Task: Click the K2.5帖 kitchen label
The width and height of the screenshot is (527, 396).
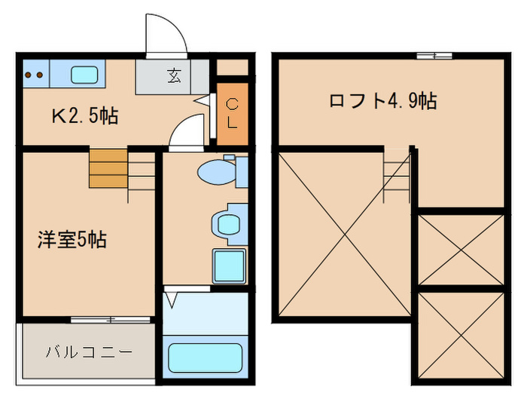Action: coord(85,116)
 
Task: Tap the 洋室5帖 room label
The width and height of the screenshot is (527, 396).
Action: coord(72,241)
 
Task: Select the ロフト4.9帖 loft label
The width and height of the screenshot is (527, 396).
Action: coord(382,101)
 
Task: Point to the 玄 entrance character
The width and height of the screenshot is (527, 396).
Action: coord(174,75)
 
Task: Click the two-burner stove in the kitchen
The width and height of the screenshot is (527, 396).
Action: coord(33,75)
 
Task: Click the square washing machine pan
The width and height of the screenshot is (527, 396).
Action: coord(229,266)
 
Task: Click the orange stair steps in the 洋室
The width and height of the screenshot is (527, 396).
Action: coord(108,168)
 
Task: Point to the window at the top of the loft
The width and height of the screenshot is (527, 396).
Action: coord(434,55)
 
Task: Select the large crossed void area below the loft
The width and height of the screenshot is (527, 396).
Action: coord(343,234)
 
